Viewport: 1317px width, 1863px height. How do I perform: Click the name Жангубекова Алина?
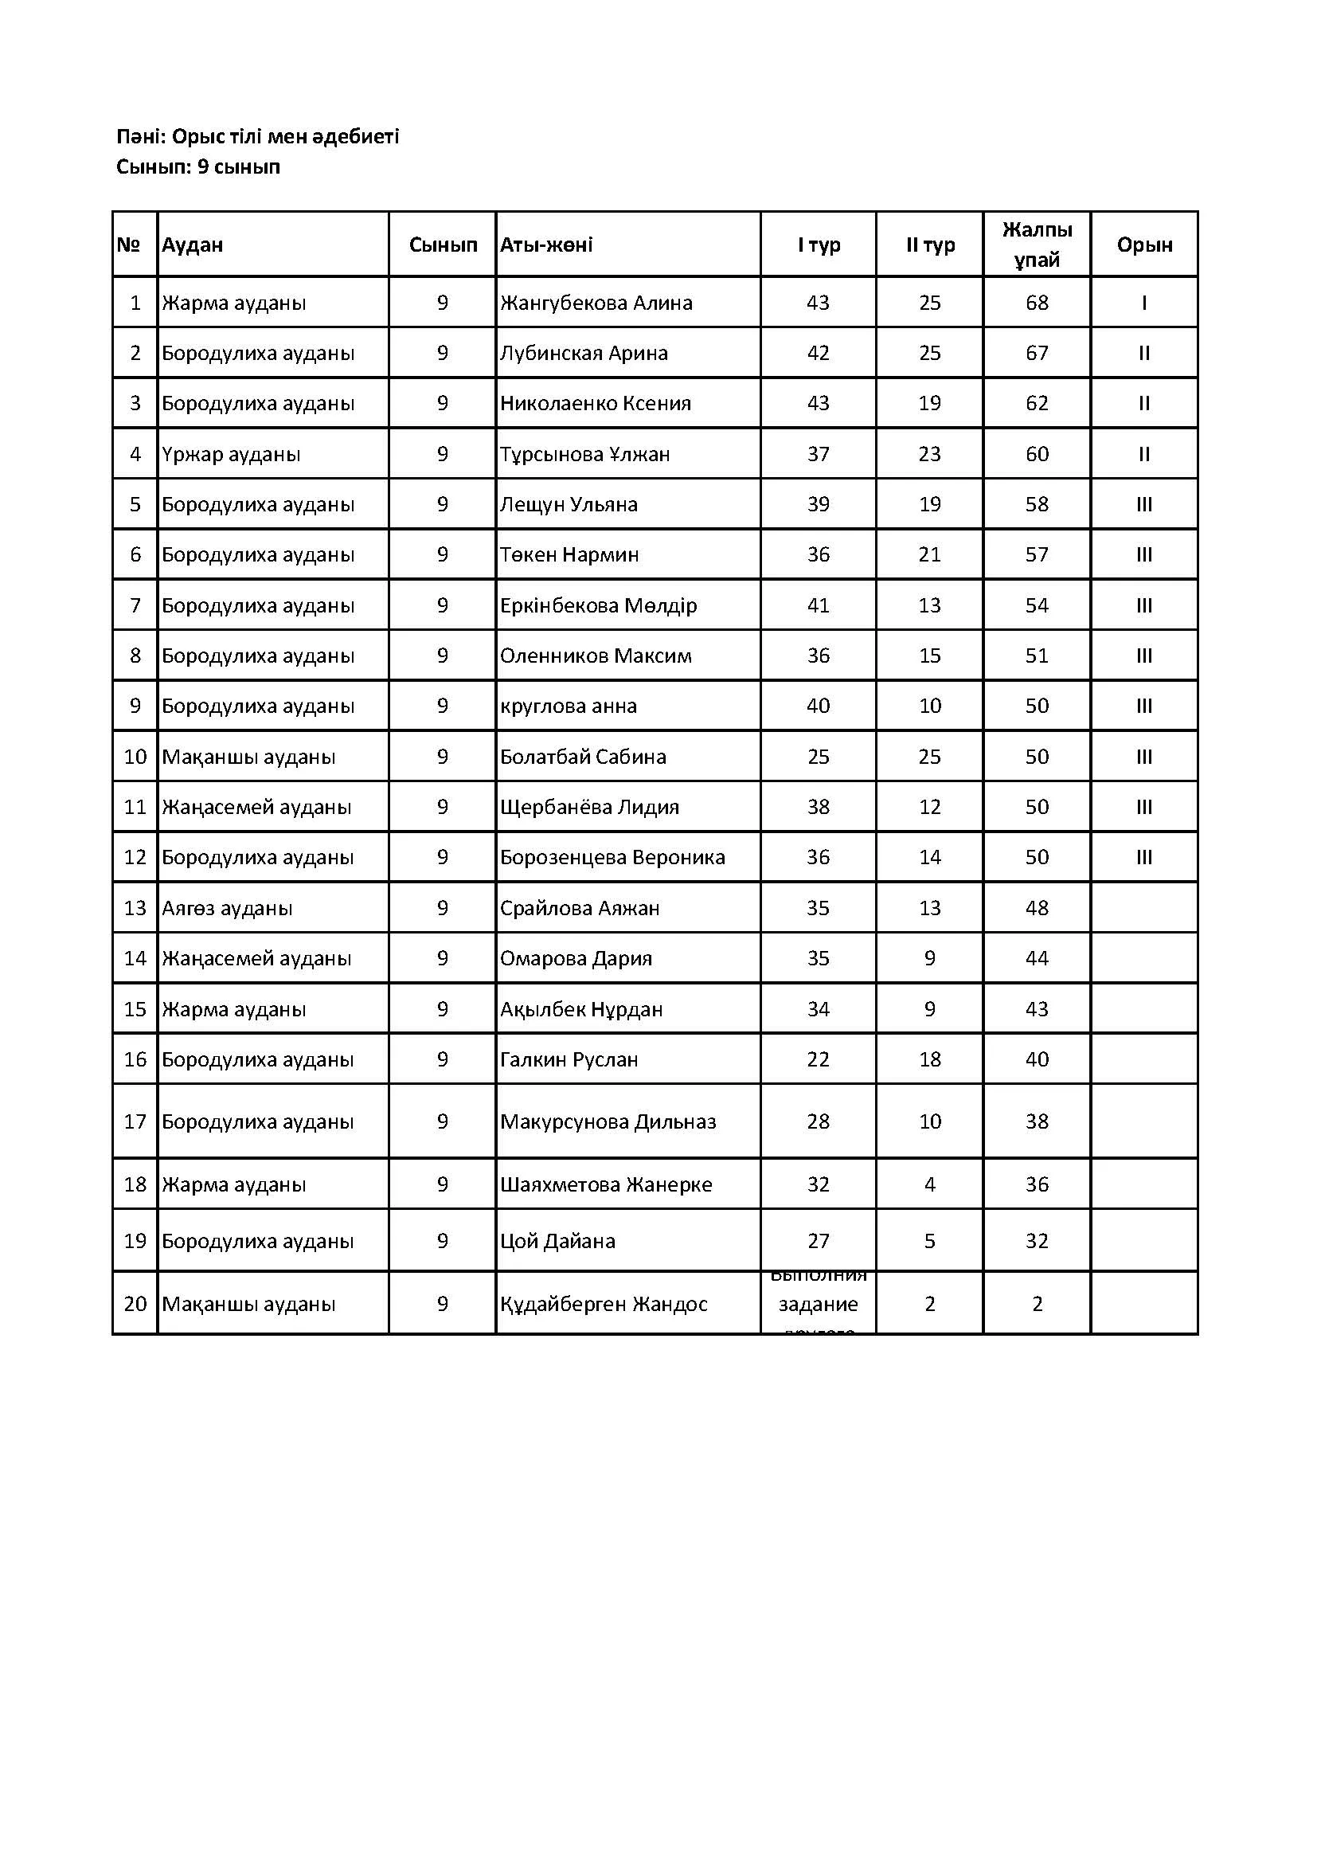pos(596,303)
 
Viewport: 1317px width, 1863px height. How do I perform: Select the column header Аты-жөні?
pos(545,245)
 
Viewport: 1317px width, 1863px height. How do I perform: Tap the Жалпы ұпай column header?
pos(1037,245)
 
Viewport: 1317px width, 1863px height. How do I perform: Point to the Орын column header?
pos(1143,245)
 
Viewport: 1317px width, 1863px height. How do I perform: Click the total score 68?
pos(1037,303)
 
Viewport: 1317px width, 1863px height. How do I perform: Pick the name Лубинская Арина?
pos(584,353)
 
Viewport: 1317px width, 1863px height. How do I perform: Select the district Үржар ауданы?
pos(231,453)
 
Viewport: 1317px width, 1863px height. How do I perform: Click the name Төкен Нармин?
pos(569,554)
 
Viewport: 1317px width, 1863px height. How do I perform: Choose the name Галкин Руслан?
pos(569,1059)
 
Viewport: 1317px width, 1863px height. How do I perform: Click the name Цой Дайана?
pos(558,1241)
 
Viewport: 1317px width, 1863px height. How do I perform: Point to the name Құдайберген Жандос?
pos(604,1304)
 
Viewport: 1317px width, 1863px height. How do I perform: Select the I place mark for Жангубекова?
pos(1143,303)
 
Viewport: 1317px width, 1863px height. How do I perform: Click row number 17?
pos(135,1121)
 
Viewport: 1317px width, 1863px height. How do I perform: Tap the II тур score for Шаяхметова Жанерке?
pos(929,1184)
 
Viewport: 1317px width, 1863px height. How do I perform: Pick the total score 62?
pos(1037,403)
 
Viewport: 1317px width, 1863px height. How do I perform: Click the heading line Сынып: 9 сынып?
pos(198,167)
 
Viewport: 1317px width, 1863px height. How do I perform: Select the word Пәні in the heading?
pos(139,136)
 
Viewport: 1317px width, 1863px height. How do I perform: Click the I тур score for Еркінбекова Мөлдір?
pos(818,605)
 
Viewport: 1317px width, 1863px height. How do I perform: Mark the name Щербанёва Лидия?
pos(589,807)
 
